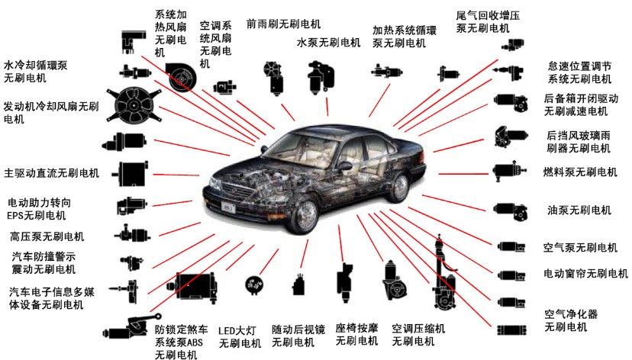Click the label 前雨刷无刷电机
(x=283, y=24)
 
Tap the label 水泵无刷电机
(x=328, y=42)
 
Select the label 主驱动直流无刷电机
(x=52, y=173)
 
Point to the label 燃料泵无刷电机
(x=580, y=172)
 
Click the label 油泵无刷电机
(x=579, y=210)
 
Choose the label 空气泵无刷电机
(x=580, y=247)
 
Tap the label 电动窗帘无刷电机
(x=585, y=274)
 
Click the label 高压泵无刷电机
(x=47, y=236)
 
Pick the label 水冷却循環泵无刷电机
(x=35, y=72)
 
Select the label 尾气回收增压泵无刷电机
(x=488, y=22)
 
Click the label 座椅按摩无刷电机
(x=356, y=335)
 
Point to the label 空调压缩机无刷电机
(x=418, y=335)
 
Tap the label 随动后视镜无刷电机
(x=298, y=336)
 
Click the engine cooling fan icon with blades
(x=133, y=104)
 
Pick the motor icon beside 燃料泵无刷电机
(x=509, y=171)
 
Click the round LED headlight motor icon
(x=254, y=285)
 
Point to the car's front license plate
(x=228, y=207)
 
